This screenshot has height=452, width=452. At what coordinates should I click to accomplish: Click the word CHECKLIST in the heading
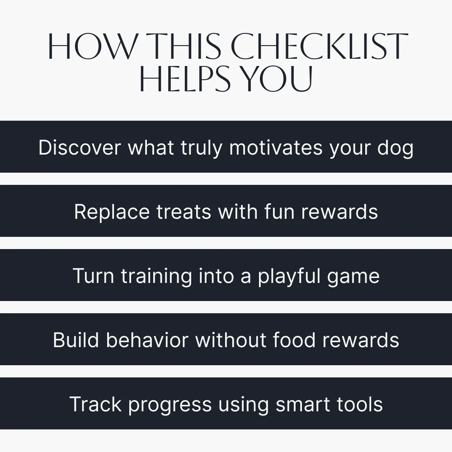(x=319, y=46)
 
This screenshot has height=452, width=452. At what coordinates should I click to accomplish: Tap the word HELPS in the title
(x=185, y=78)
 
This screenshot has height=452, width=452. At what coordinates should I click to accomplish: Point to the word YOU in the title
(x=277, y=78)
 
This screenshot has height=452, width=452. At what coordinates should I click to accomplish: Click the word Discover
(x=80, y=148)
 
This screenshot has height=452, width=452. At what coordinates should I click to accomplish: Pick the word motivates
(x=276, y=148)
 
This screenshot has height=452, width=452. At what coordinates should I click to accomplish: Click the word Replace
(x=112, y=212)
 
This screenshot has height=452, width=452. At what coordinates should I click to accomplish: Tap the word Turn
(x=94, y=276)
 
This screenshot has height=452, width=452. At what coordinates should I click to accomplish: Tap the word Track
(x=95, y=404)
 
